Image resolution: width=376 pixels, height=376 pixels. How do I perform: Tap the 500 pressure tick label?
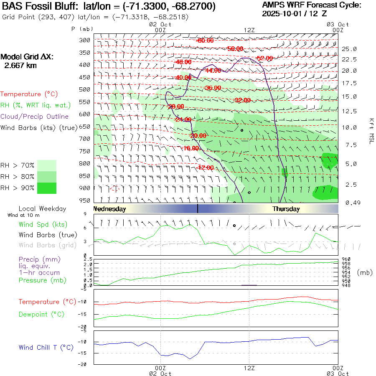coord(85,89)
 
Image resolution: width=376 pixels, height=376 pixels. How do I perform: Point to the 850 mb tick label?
coord(85,175)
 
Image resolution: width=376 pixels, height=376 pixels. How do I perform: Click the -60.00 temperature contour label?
coord(205,41)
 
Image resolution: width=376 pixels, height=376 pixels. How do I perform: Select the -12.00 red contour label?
coord(206,168)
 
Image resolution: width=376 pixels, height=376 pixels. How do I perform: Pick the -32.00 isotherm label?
coord(242,100)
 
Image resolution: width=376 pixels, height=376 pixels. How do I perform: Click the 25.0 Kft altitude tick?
coord(349,49)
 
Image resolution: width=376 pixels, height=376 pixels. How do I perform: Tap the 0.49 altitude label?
coord(349,203)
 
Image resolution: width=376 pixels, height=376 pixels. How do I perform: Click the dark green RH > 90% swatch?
coord(47,188)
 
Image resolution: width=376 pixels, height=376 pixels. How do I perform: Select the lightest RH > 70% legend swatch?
coord(47,165)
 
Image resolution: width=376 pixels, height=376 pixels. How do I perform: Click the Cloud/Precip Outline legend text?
coord(35,117)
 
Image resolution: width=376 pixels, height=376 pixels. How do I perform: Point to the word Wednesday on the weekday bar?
coord(109,209)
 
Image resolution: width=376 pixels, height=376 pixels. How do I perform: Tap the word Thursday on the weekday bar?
coord(286,209)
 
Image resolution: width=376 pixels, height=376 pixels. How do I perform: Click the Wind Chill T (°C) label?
coord(46,348)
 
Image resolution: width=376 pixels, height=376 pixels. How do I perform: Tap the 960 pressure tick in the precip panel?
coord(346,259)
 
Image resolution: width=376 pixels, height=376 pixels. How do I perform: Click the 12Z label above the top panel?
coord(249,30)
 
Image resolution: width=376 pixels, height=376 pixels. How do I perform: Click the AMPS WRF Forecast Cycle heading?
coord(312,5)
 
